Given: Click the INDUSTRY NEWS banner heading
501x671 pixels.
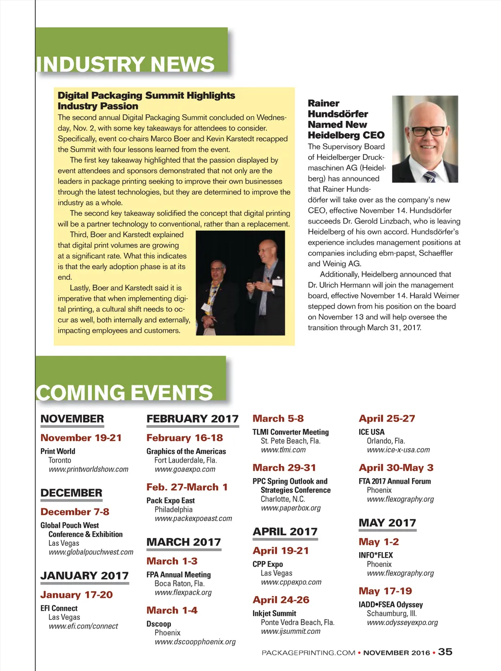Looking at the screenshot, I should point(125,65).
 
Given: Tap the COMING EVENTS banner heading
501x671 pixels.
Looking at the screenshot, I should point(124,393).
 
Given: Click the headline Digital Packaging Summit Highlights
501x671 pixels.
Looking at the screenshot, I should point(146,95).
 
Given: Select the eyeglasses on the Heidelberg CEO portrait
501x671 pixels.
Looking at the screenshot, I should point(428,131).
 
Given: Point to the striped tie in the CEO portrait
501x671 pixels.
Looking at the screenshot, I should point(430,176).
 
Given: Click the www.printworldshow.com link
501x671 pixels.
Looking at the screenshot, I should point(89,469).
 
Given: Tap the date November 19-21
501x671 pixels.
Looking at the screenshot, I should point(81,438).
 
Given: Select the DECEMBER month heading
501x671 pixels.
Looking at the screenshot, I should point(71,493).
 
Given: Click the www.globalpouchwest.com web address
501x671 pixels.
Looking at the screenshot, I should point(91,552).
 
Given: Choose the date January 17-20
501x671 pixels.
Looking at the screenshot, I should point(76,595).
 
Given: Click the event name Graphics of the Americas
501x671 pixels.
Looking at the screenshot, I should point(186,451).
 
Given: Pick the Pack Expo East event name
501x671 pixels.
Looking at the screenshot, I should point(170,500).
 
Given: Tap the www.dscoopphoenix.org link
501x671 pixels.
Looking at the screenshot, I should point(195,642).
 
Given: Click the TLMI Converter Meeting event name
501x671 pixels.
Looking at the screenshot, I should point(291,432).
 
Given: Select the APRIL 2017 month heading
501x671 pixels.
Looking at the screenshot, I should point(285,532).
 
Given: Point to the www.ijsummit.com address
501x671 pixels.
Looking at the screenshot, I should point(291,631).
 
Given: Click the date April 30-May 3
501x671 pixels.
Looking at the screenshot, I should point(396,468).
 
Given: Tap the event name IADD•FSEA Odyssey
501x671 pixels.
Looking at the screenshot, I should point(390,604).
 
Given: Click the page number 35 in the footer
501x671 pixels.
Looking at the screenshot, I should point(445,652).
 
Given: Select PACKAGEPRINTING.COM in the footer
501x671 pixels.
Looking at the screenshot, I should point(308,653).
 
